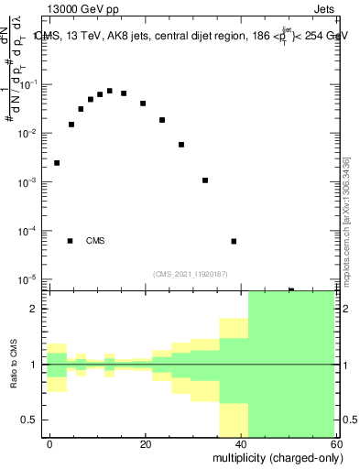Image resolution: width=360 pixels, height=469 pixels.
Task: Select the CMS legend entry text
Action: pyautogui.click(x=95, y=241)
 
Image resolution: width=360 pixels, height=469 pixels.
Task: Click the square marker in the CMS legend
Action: pyautogui.click(x=70, y=241)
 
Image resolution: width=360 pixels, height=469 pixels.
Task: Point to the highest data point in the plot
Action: pyautogui.click(x=110, y=91)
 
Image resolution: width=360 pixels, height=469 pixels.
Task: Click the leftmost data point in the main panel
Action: pyautogui.click(x=57, y=163)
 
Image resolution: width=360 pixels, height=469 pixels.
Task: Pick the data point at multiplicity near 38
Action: pyautogui.click(x=234, y=242)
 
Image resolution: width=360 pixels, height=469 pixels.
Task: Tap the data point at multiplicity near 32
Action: pyautogui.click(x=205, y=180)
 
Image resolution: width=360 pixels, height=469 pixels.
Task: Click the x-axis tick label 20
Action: pyautogui.click(x=145, y=443)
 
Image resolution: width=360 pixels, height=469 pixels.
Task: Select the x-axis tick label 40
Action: pyautogui.click(x=240, y=443)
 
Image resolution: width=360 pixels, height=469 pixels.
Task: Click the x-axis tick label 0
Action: pyautogui.click(x=50, y=443)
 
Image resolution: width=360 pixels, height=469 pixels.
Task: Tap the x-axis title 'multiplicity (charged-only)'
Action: pyautogui.click(x=274, y=457)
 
